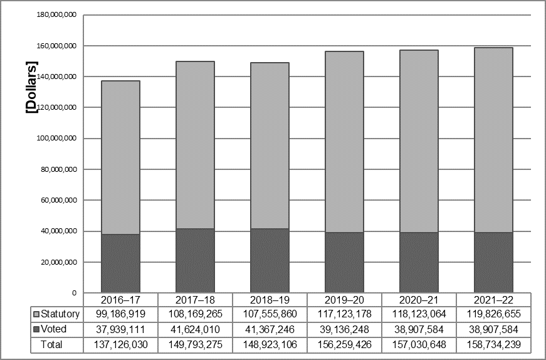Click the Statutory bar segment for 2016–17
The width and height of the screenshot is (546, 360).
point(120,157)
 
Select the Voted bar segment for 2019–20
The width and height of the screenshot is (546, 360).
point(344,262)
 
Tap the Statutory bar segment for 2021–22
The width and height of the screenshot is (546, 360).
point(493,140)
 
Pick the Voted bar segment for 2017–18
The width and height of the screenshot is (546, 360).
point(195,261)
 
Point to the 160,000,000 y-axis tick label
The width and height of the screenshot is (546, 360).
point(56,46)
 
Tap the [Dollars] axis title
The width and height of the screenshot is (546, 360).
point(32,87)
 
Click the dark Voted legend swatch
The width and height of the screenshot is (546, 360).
point(36,329)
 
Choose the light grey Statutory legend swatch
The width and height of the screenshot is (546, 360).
point(36,314)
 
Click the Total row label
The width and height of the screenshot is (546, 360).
point(51,345)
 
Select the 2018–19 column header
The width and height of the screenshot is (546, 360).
point(270,300)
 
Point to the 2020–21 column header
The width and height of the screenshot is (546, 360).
point(419,300)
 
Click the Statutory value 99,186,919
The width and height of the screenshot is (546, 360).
point(120,314)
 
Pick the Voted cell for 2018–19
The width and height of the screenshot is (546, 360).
point(270,329)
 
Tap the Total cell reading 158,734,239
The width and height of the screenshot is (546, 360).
point(493,345)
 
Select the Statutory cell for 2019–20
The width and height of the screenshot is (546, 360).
point(344,314)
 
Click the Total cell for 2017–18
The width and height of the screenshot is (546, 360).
point(195,345)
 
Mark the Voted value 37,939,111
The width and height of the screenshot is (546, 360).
point(120,329)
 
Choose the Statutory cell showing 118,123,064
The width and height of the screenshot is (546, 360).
point(419,314)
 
